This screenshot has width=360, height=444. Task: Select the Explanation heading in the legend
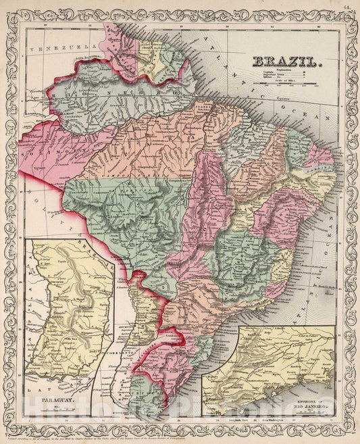point(283,70)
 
